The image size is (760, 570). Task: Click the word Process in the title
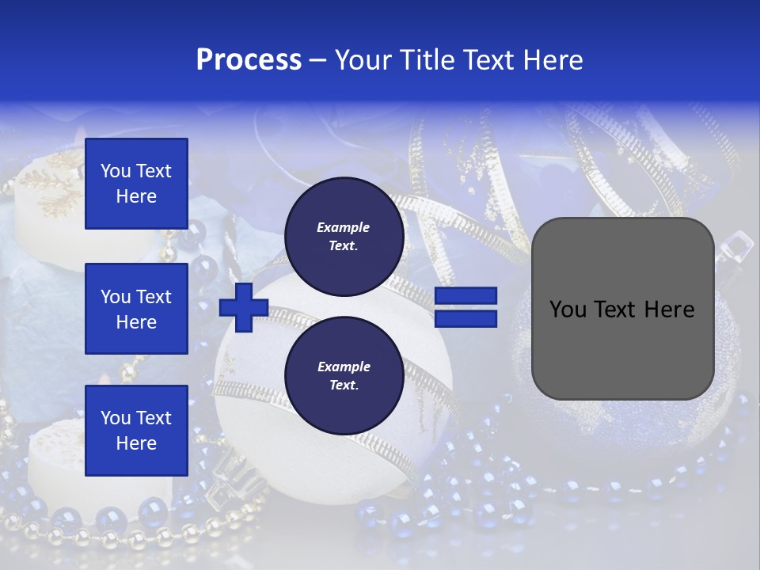(x=249, y=60)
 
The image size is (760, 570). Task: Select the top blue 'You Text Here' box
(x=136, y=184)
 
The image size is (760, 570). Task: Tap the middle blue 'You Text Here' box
(x=136, y=309)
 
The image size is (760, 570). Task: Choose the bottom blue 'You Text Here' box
(x=136, y=431)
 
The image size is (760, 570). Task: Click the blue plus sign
(x=244, y=307)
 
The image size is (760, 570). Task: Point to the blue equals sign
(x=465, y=307)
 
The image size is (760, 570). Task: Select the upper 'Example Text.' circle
(x=343, y=237)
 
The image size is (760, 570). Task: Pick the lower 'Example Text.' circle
(x=343, y=376)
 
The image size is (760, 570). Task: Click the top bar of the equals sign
(x=465, y=296)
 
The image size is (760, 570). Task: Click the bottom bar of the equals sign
(x=465, y=318)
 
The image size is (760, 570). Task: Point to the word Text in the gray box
(x=617, y=310)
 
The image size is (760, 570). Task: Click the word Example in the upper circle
(x=343, y=228)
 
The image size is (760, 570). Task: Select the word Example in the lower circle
(x=344, y=367)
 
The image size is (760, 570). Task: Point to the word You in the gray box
(x=568, y=310)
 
